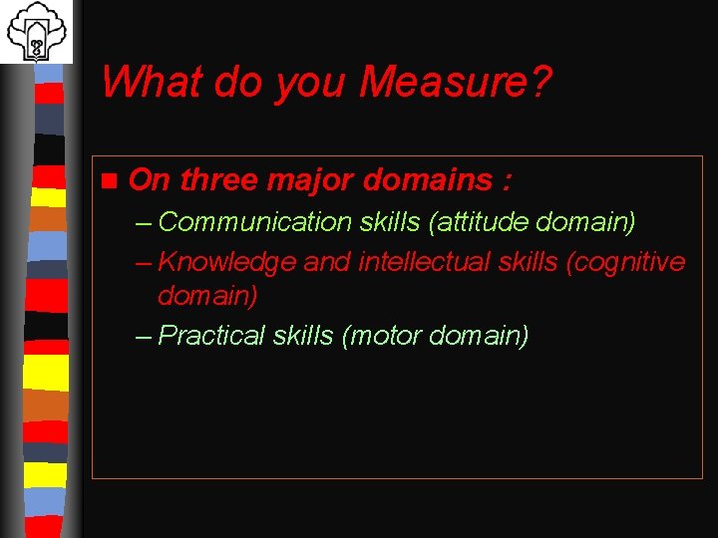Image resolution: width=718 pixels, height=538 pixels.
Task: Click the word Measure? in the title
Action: (x=455, y=82)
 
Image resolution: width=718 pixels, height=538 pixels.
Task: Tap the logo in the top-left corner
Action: (x=36, y=31)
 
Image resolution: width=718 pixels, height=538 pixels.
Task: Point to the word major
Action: (x=311, y=181)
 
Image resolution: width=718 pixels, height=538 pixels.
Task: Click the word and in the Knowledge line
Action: (x=326, y=262)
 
